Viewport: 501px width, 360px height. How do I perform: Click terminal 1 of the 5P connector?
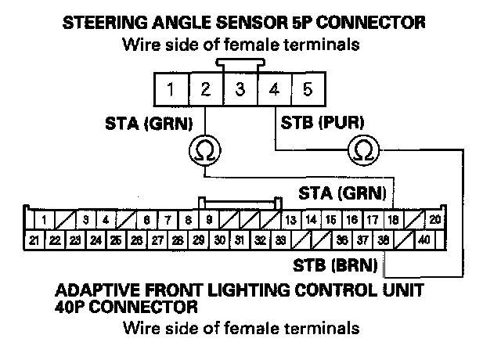[x=170, y=89]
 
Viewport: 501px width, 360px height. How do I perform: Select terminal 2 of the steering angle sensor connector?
[x=204, y=89]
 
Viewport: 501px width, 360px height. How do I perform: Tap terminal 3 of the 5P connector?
[x=239, y=89]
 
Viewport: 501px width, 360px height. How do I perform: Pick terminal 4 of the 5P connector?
[x=273, y=89]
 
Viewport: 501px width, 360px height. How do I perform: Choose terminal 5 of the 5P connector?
[x=308, y=89]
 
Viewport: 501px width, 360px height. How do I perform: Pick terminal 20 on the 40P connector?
[x=435, y=221]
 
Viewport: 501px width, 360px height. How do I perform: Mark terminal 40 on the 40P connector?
[x=424, y=240]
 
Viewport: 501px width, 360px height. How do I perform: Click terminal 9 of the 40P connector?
[x=209, y=221]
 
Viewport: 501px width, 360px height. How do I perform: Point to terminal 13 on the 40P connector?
[x=290, y=221]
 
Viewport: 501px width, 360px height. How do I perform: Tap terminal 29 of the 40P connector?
[x=199, y=240]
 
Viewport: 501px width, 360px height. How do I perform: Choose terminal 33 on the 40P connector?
[x=280, y=240]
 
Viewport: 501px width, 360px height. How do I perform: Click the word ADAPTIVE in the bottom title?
[x=92, y=291]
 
